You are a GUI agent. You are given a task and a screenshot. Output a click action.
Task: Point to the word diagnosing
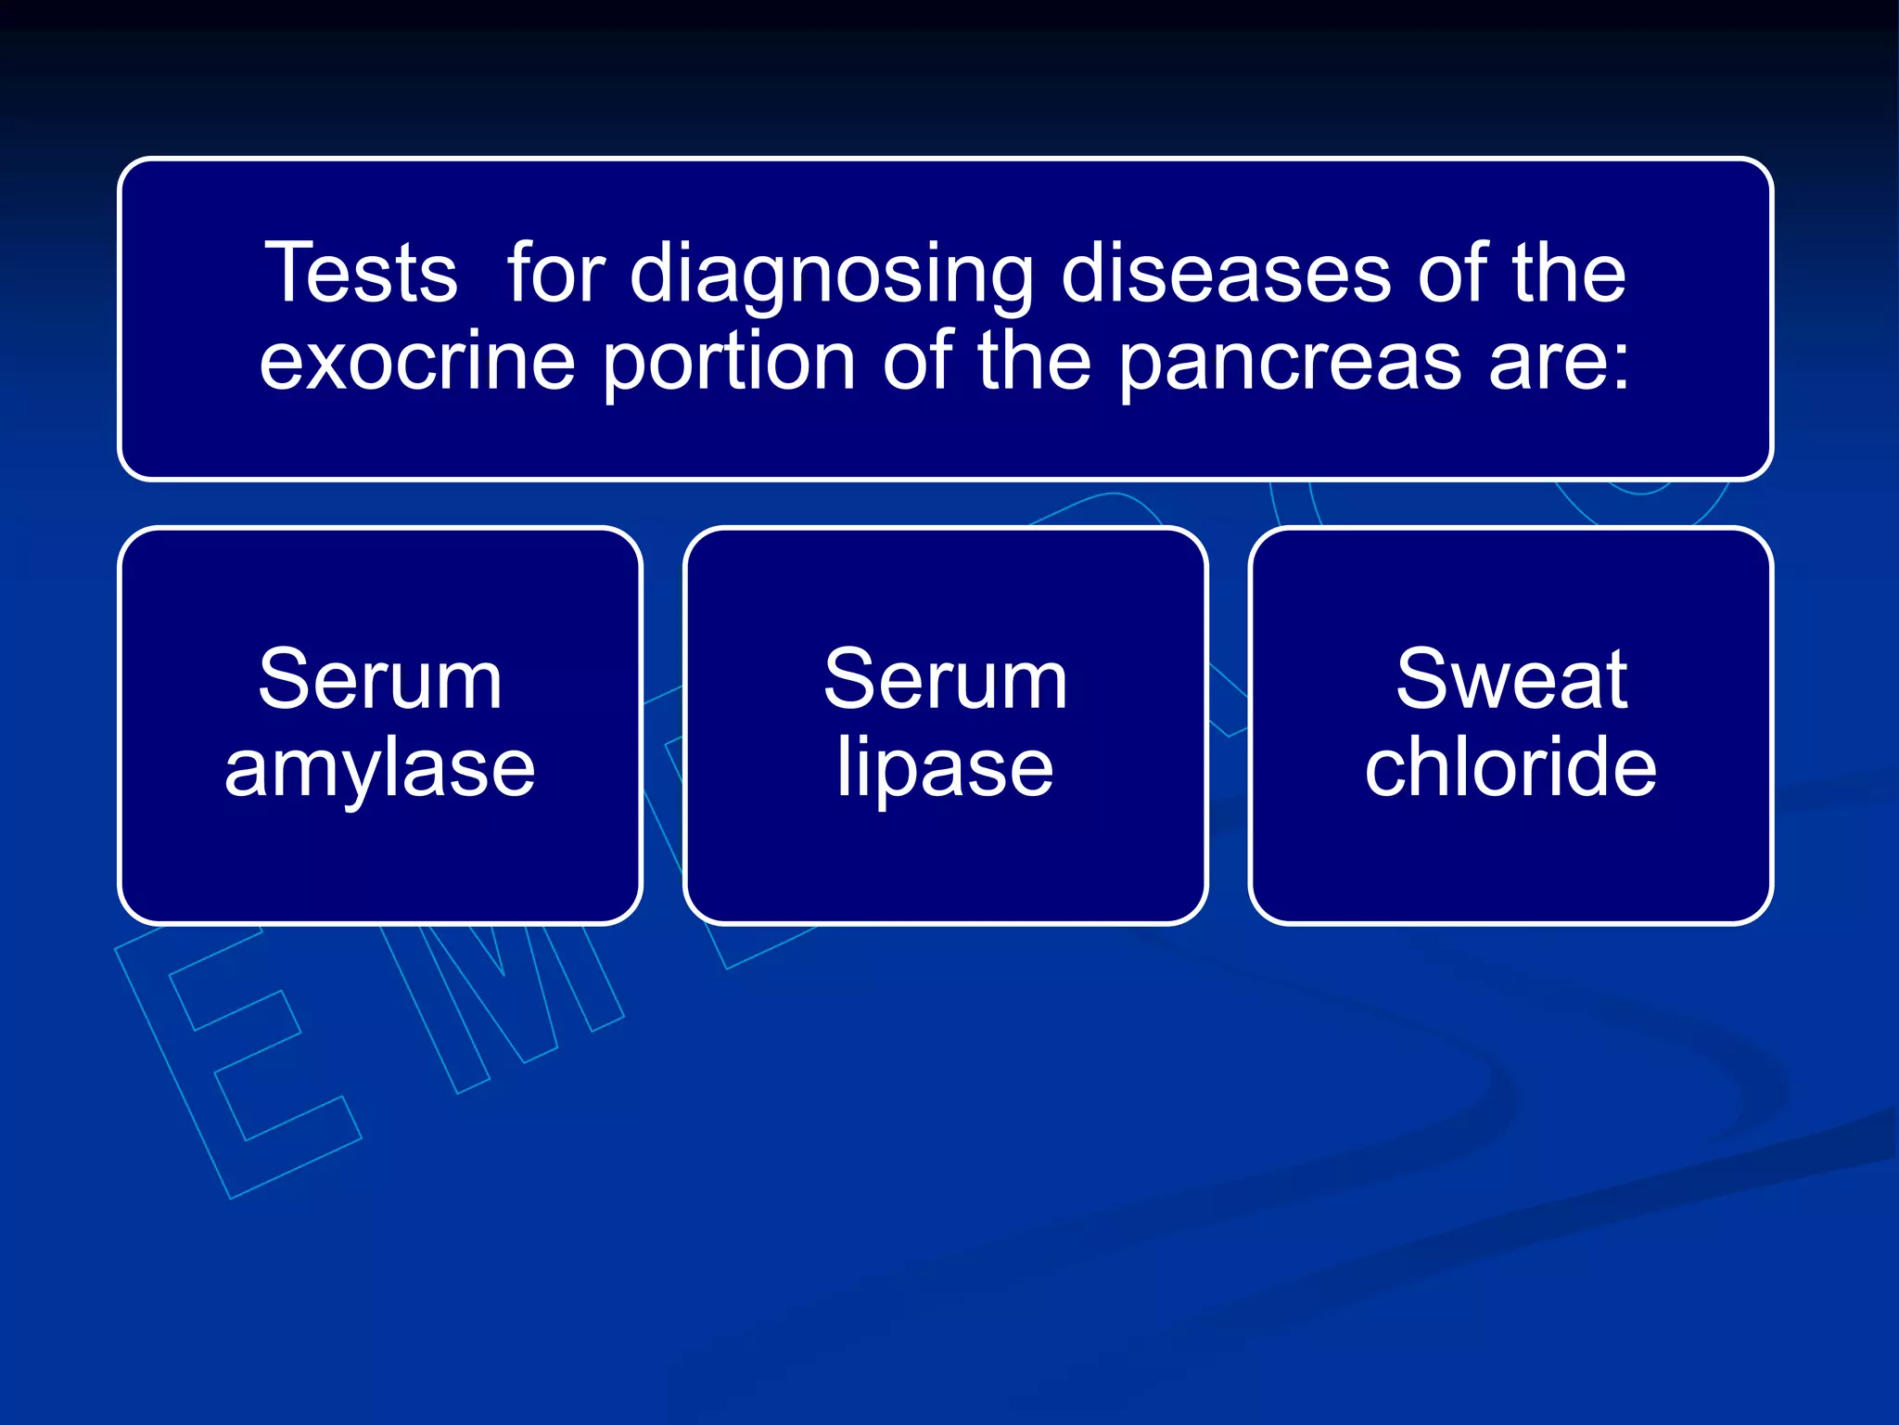point(832,275)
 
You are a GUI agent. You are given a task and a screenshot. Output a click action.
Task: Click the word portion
point(729,364)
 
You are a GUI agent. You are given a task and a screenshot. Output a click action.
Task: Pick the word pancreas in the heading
point(1290,364)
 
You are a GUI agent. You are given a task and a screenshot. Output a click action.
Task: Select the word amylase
point(380,770)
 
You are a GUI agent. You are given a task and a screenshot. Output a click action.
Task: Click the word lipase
point(945,770)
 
